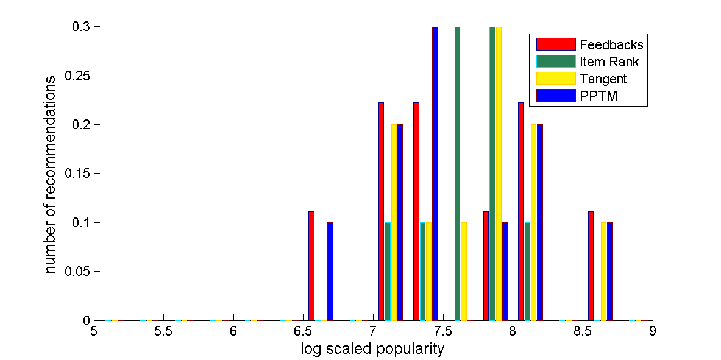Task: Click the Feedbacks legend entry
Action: [611, 44]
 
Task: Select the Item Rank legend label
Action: [609, 62]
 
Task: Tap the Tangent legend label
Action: [603, 79]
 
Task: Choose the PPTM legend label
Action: [598, 96]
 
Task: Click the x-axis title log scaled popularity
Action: [372, 350]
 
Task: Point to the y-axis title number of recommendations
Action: [52, 174]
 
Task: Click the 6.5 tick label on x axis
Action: [302, 332]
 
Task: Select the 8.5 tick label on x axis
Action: [582, 332]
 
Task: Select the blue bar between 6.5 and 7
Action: [330, 271]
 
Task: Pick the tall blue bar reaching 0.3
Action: [435, 174]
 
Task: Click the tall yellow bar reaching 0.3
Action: [499, 174]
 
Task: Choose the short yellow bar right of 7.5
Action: [464, 271]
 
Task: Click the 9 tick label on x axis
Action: [652, 332]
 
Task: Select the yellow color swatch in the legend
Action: [556, 79]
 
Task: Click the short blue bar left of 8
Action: [505, 271]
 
